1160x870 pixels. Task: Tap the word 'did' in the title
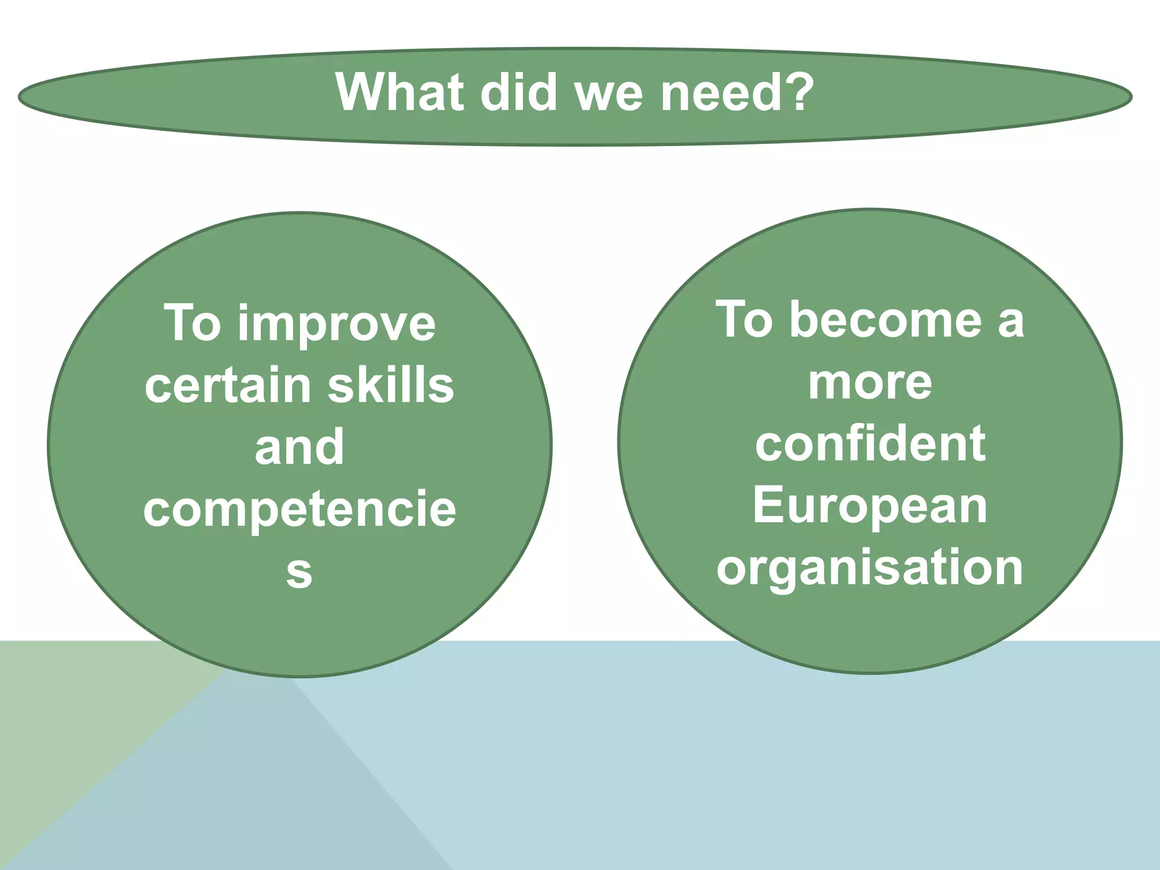[x=518, y=92]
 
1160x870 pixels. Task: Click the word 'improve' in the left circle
[x=336, y=325]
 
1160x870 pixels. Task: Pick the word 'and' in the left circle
[x=299, y=447]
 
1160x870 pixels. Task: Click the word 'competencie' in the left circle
[x=300, y=509]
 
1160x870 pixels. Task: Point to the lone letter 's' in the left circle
[x=299, y=572]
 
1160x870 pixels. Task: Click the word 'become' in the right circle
[x=885, y=320]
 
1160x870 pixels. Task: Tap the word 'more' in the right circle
[x=870, y=382]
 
